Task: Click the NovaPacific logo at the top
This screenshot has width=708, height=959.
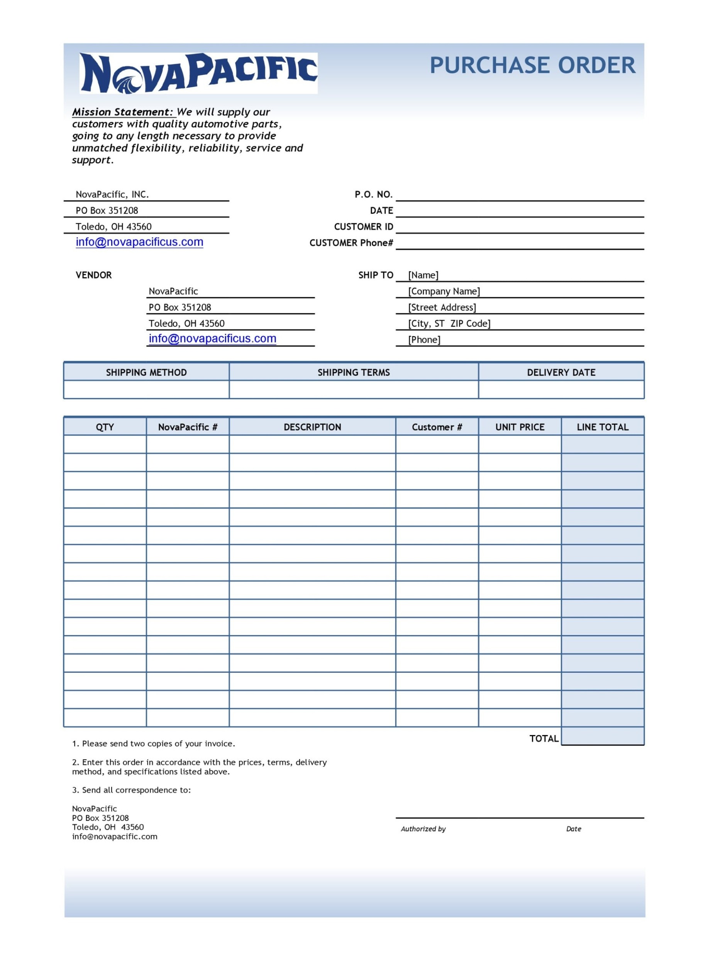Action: click(198, 73)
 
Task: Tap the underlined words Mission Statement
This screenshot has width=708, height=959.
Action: click(122, 112)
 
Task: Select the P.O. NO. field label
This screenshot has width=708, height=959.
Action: click(373, 195)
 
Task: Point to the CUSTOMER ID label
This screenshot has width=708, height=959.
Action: click(363, 227)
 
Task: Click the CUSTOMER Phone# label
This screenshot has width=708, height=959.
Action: click(351, 243)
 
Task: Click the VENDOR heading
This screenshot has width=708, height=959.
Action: click(93, 275)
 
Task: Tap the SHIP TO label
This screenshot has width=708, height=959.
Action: click(376, 275)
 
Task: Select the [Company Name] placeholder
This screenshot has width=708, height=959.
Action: click(444, 292)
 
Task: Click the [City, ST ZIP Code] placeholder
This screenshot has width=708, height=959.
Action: click(449, 324)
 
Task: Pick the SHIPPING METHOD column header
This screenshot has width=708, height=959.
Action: click(146, 373)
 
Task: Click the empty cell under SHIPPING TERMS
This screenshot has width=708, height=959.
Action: click(354, 390)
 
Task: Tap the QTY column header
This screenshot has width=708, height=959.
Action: click(105, 427)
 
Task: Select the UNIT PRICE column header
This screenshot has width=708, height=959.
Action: click(520, 427)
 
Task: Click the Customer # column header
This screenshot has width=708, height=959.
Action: click(437, 427)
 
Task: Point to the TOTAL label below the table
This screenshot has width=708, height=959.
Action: click(544, 738)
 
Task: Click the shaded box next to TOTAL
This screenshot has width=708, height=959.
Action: click(602, 736)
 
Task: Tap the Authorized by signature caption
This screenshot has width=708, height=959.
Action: click(423, 829)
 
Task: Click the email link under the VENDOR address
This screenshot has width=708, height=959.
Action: click(212, 339)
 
